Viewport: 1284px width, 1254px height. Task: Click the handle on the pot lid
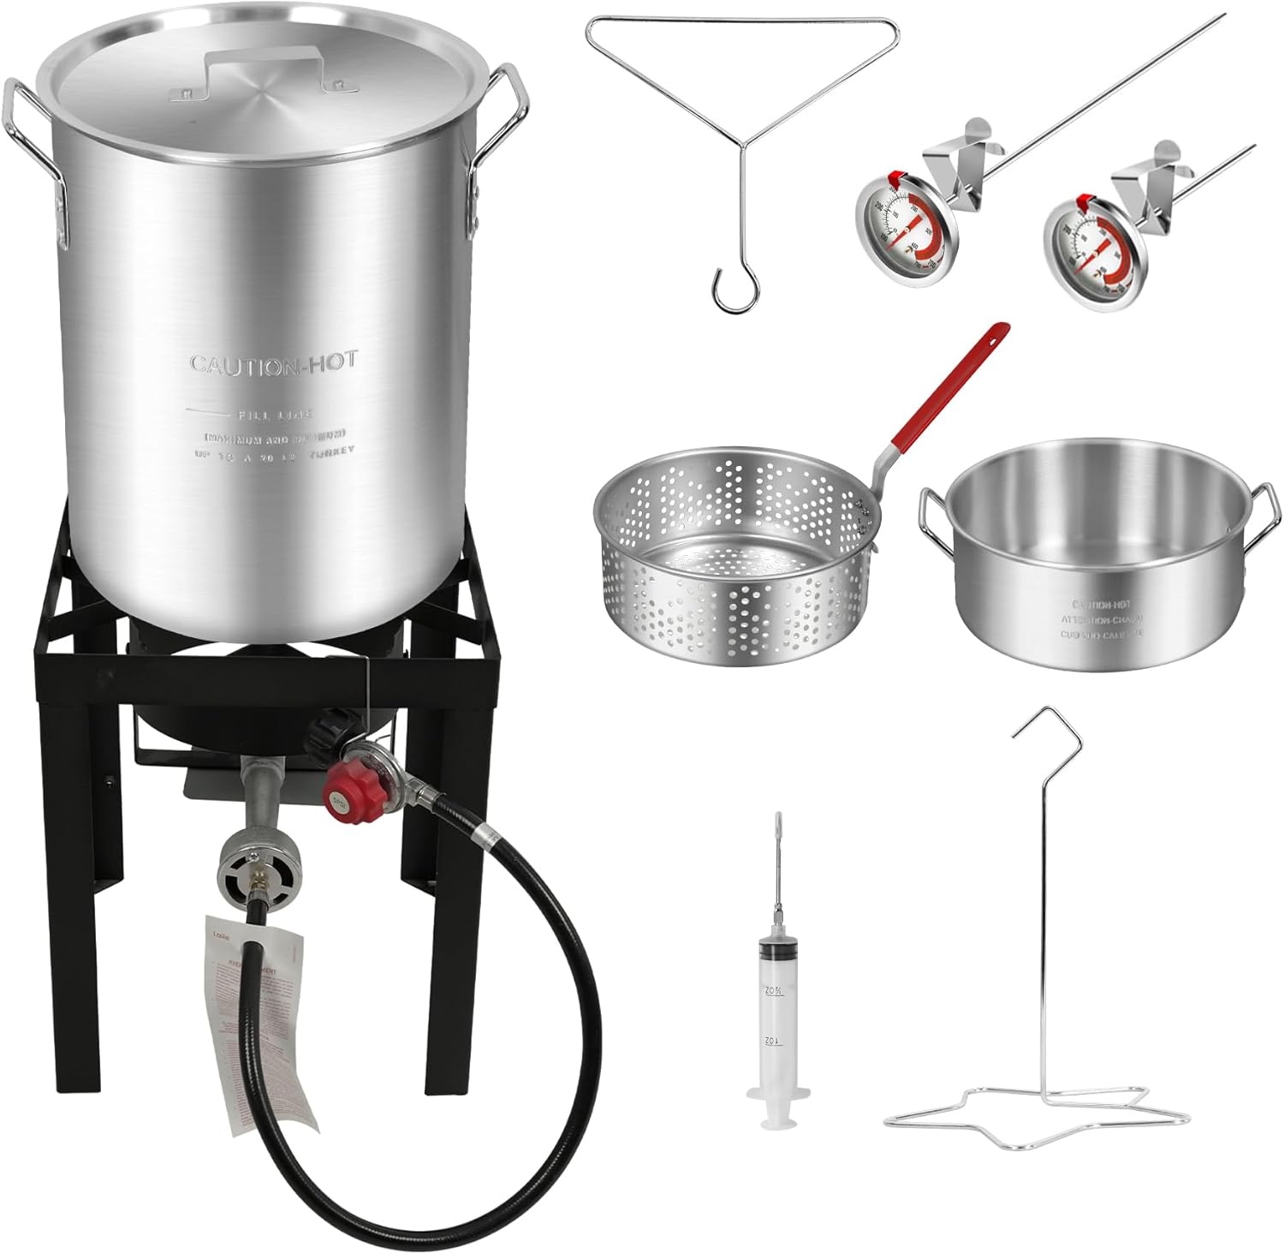266,58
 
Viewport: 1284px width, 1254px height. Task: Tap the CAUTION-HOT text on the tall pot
273,363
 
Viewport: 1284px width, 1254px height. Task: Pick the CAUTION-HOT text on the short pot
1103,605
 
